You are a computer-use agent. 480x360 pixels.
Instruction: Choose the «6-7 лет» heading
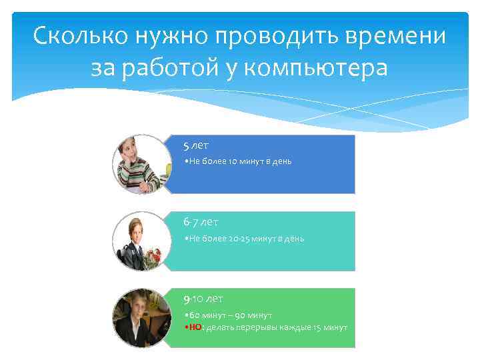click(201, 222)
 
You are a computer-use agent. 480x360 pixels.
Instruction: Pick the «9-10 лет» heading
click(204, 299)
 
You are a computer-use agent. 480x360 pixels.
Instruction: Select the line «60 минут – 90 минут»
click(231, 315)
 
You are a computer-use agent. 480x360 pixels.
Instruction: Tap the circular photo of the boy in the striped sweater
click(139, 164)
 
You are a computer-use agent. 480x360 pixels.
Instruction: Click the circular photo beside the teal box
click(139, 241)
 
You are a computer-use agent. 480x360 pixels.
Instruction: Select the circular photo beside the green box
click(139, 317)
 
